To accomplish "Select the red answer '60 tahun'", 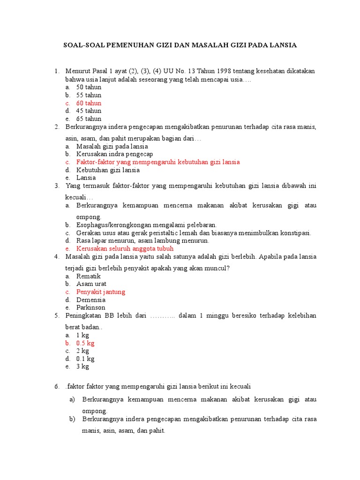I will (x=89, y=103).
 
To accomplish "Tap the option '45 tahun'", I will (x=89, y=111).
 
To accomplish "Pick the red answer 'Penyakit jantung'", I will (x=101, y=292).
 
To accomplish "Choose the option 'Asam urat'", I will (x=91, y=284).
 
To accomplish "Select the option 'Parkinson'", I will (x=91, y=308).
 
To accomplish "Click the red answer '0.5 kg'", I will (x=85, y=343).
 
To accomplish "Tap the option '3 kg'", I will (x=82, y=367).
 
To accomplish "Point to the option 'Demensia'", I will (x=91, y=300).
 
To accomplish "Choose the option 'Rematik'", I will (x=89, y=277).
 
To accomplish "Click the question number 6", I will (x=57, y=387).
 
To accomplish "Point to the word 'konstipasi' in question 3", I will (x=296, y=233).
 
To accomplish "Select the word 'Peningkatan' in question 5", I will (x=83, y=316).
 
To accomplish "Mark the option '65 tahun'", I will (x=89, y=119).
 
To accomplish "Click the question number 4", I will (x=57, y=257).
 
